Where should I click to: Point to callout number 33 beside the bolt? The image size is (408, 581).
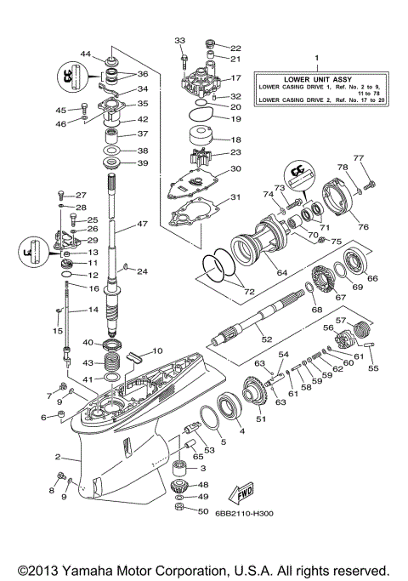(x=179, y=40)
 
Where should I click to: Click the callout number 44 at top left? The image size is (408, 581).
(x=86, y=54)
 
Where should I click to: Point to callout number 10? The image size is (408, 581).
(x=156, y=351)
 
